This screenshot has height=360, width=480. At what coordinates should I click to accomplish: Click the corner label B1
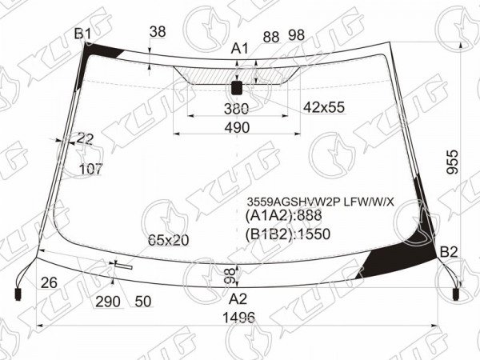coord(82,34)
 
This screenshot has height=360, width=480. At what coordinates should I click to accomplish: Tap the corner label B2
coord(449,252)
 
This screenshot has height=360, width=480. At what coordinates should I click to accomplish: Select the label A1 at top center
coord(240,48)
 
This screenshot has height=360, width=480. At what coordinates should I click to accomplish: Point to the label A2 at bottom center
coord(238,298)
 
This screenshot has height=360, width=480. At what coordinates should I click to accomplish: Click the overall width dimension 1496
coord(238,318)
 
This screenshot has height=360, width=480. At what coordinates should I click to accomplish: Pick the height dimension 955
coord(453,162)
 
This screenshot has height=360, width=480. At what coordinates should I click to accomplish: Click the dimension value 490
coord(237,127)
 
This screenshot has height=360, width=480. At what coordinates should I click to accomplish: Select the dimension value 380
coord(236,109)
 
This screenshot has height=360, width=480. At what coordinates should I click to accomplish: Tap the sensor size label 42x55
coord(324,107)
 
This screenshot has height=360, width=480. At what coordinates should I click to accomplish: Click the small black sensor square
coord(237,88)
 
